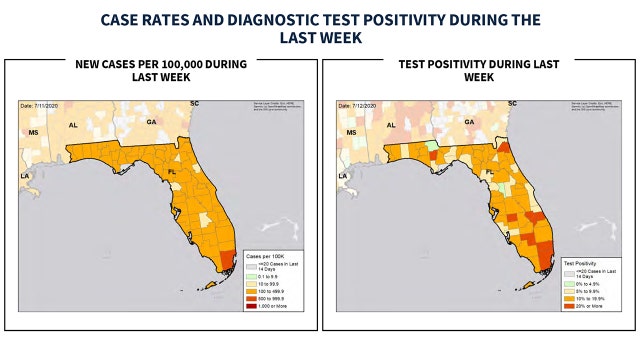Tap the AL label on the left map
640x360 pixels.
[72, 126]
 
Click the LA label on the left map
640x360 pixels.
[23, 176]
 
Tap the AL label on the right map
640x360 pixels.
[391, 126]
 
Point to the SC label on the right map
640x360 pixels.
[512, 103]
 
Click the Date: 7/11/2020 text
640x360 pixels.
[40, 105]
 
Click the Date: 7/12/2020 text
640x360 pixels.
[358, 105]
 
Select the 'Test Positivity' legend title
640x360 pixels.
[580, 261]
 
